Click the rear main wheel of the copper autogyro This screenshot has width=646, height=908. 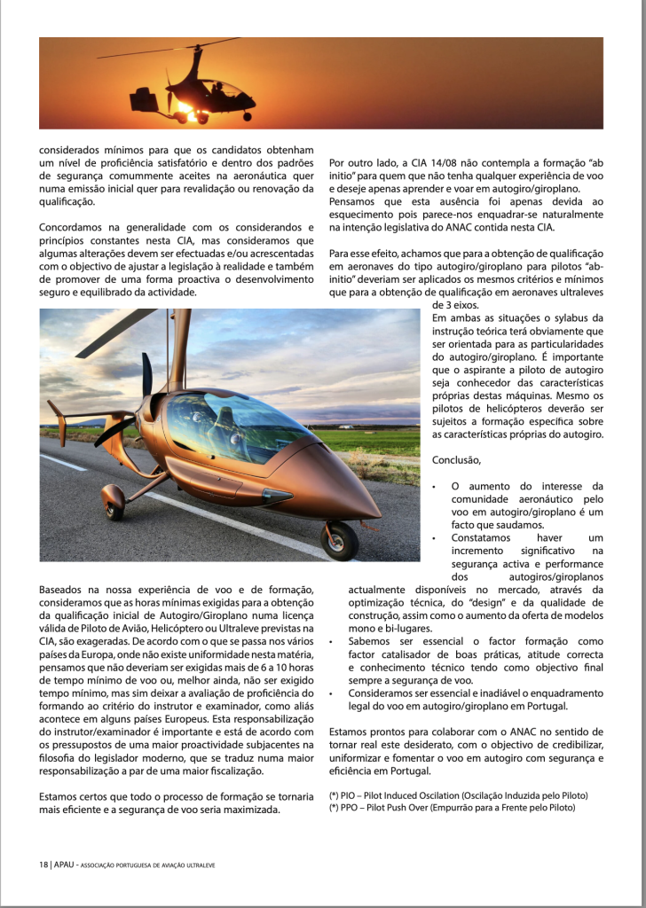tap(114, 502)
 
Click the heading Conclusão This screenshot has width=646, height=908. tap(456, 459)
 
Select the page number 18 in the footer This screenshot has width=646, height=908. tap(43, 865)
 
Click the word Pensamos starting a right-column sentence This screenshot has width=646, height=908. tap(353, 202)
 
